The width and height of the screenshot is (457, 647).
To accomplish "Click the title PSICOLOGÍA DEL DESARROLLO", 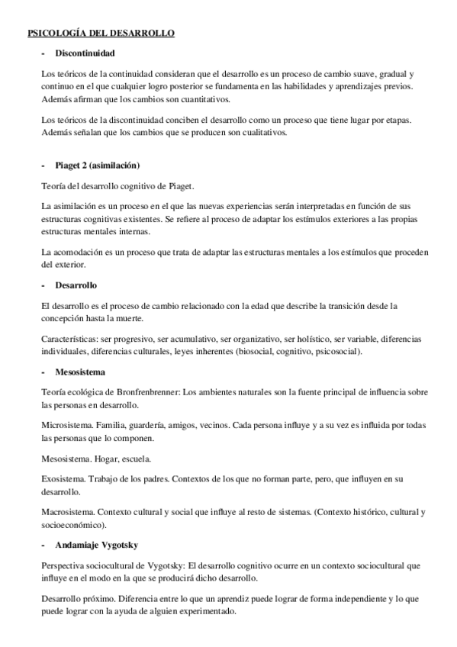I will tap(101, 34).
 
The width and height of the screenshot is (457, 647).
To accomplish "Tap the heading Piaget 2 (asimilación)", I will tap(97, 166).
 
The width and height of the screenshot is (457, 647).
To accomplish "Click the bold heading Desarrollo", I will tap(76, 285).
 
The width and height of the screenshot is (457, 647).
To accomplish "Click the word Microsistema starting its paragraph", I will tap(64, 424).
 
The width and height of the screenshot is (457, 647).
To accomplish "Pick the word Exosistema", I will tap(62, 479).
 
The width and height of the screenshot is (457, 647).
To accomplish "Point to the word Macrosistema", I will tap(65, 512).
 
